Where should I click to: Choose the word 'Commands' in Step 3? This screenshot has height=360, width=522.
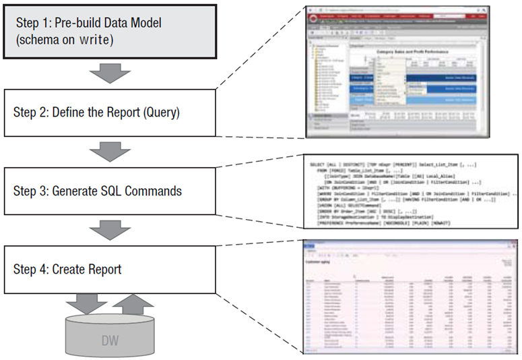pos(156,191)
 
